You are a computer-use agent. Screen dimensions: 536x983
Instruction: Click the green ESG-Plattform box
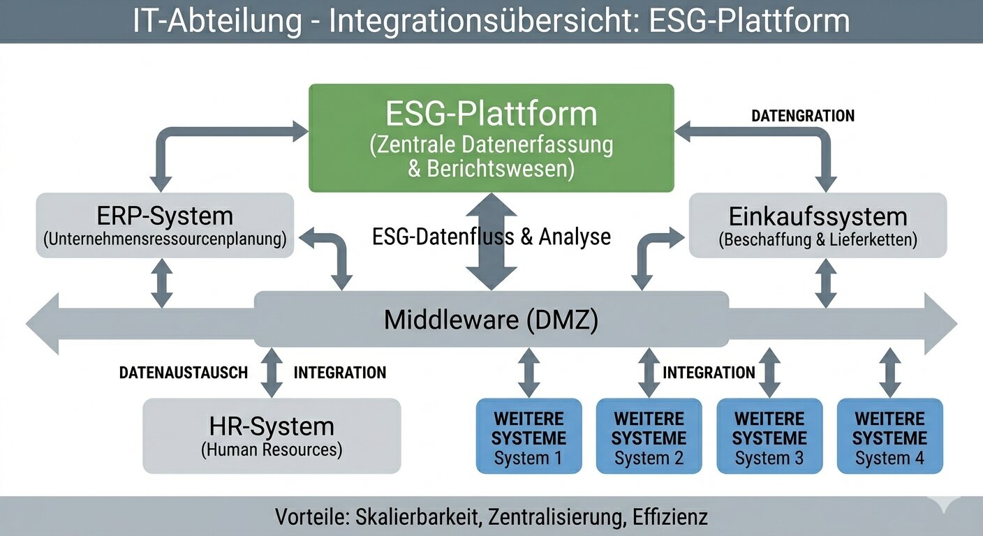pos(491,137)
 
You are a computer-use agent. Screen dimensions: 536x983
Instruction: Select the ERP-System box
pos(165,225)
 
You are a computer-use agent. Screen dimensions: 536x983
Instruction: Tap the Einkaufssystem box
pos(818,225)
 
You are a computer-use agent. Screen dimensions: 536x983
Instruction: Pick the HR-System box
pos(272,435)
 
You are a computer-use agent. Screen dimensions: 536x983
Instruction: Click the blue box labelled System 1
pos(529,435)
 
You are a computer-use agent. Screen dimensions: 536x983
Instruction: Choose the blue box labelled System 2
pos(649,435)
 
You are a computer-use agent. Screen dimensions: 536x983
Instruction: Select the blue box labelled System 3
pos(769,435)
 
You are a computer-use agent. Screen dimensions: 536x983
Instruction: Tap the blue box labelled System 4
pos(889,435)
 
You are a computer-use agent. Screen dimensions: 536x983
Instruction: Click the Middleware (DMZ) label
pos(491,320)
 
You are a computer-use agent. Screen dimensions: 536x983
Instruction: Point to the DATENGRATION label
pos(803,116)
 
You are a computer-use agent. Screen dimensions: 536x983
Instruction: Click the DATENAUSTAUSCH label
pos(184,373)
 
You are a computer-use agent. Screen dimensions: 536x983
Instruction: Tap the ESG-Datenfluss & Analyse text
pos(491,237)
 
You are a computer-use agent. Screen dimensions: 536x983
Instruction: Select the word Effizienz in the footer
pos(670,517)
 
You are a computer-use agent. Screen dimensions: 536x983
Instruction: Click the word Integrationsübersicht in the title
pos(486,21)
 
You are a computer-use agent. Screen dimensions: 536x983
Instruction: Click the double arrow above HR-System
pos(271,372)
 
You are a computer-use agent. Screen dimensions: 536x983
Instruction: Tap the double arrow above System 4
pos(889,372)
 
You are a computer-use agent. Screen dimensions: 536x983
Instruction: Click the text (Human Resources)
pos(272,450)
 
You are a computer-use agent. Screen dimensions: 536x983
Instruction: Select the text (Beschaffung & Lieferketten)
pos(818,240)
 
